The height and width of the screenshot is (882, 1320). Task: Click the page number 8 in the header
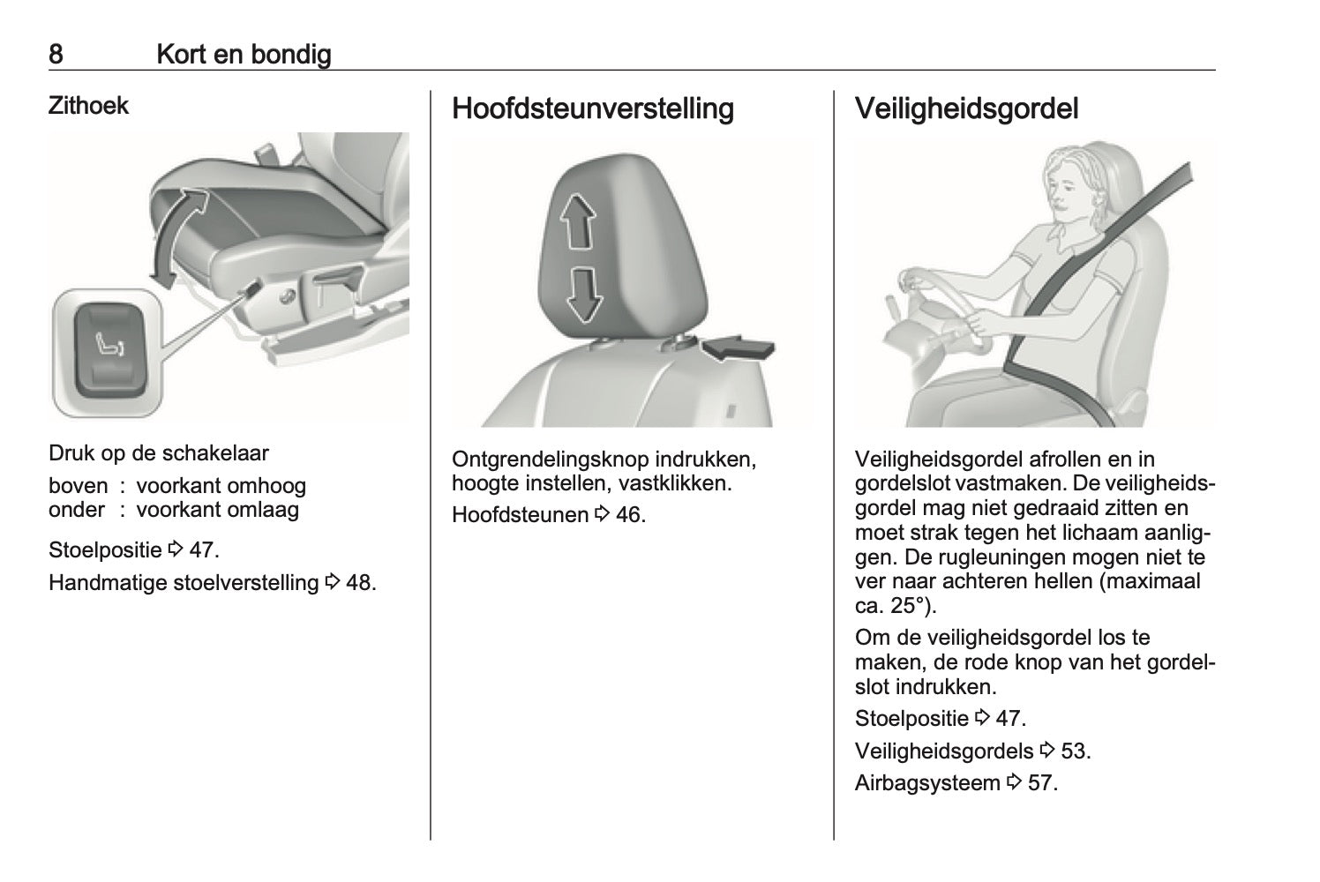coord(56,55)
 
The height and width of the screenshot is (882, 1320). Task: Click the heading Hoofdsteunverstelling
coord(592,108)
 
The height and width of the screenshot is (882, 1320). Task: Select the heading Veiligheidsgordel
coord(966,108)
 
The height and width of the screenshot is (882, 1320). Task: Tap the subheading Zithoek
coord(88,106)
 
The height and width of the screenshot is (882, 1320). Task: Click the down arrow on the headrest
coord(581,295)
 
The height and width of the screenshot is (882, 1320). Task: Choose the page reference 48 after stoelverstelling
coord(360,583)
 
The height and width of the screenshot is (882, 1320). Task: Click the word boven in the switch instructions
coord(79,486)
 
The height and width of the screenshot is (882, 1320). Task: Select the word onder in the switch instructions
coord(76,510)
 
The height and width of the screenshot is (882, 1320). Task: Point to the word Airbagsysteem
coord(927,782)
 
